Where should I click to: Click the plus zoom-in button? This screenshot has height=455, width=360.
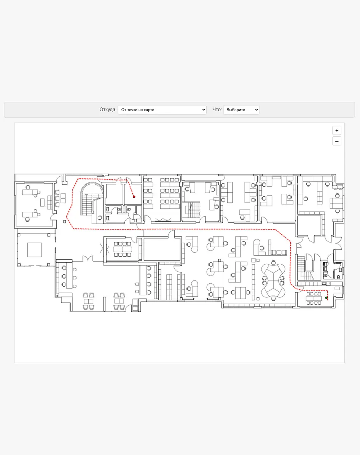336,131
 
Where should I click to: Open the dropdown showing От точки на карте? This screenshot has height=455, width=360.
162,110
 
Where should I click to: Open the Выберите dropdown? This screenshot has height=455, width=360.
241,110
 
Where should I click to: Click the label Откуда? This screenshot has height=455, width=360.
108,109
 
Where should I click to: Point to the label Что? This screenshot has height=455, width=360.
217,109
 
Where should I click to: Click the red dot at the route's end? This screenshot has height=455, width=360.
134,197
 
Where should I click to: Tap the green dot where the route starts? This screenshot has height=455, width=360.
327,298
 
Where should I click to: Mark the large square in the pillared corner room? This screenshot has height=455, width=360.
35,250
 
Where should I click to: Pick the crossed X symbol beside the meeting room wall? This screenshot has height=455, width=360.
104,249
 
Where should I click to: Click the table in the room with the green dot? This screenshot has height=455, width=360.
314,298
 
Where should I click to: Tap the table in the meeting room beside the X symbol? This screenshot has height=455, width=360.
123,249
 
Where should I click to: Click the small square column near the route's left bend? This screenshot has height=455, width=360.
65,222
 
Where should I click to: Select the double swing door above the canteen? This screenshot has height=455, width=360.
88,258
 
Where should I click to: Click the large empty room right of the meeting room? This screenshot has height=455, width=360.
162,249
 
